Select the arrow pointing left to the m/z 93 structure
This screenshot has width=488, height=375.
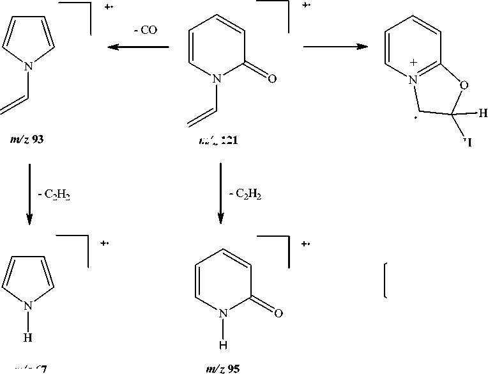pos(137,47)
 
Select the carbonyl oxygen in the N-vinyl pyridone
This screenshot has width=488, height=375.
pos(272,79)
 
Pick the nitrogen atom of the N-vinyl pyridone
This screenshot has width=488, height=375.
pos(218,79)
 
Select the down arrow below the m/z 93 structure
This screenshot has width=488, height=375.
pos(29,193)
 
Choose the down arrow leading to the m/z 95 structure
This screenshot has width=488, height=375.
pos(220,193)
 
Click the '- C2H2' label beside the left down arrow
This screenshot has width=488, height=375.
pos(54,195)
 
